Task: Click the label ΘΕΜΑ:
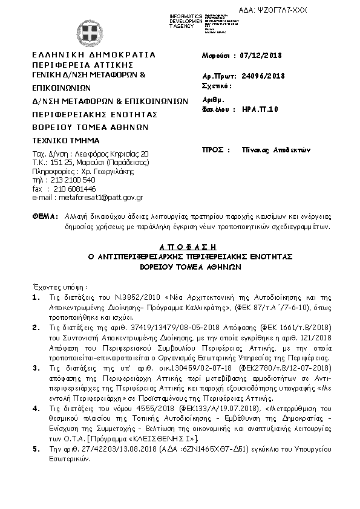(x=43, y=215)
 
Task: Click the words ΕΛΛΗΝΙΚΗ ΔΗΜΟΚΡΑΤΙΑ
(x=94, y=54)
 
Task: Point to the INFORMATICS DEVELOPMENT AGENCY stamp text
(x=171, y=20)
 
